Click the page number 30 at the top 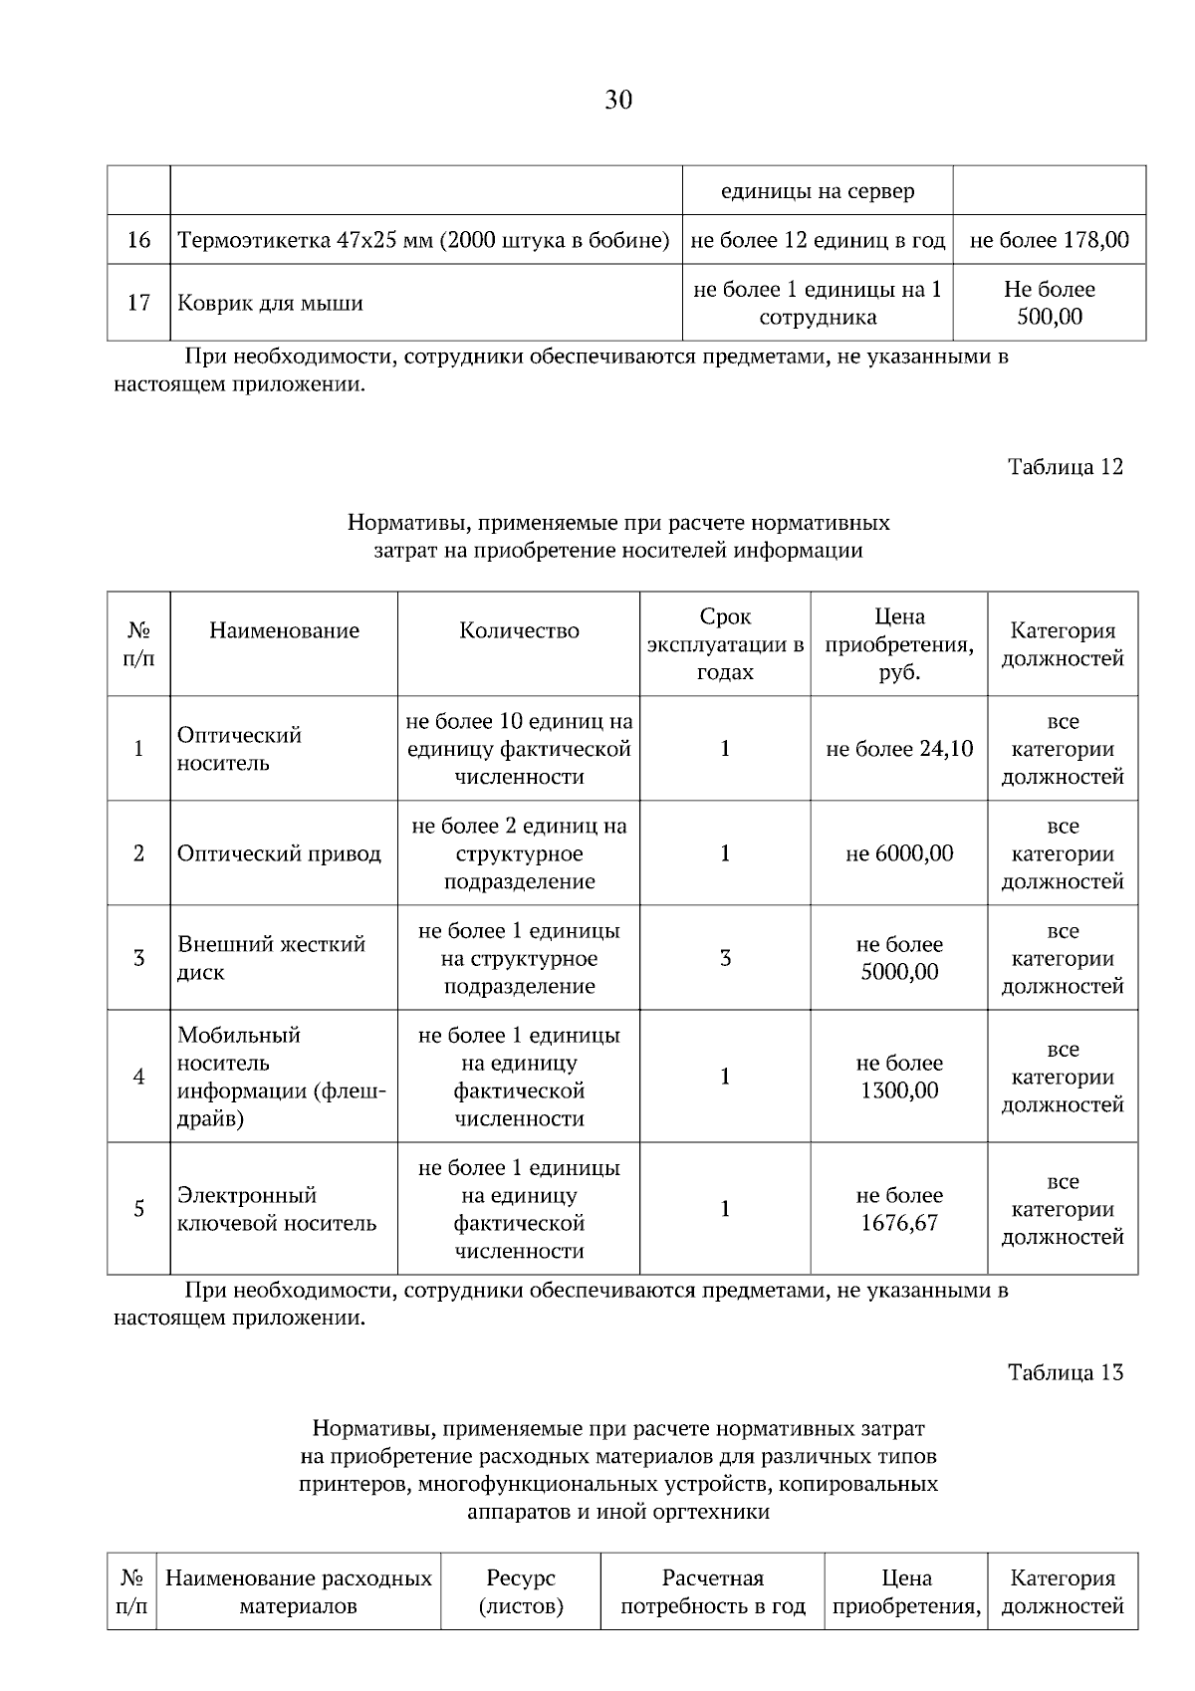[617, 100]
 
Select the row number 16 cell [138, 240]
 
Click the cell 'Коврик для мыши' [270, 304]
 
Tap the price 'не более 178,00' [1049, 240]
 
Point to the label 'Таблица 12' [1065, 467]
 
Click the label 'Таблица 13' [1065, 1372]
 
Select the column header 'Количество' [519, 630]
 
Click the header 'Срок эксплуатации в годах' [725, 643]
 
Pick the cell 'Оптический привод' [279, 853]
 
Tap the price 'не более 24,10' [899, 749]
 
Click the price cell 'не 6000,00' [899, 853]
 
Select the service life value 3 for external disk [725, 958]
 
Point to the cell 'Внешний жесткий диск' [271, 958]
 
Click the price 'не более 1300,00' [899, 1077]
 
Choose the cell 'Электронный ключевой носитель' [277, 1209]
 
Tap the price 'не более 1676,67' [899, 1209]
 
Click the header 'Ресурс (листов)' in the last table [521, 1591]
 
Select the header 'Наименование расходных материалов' [298, 1591]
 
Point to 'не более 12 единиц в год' [818, 240]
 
